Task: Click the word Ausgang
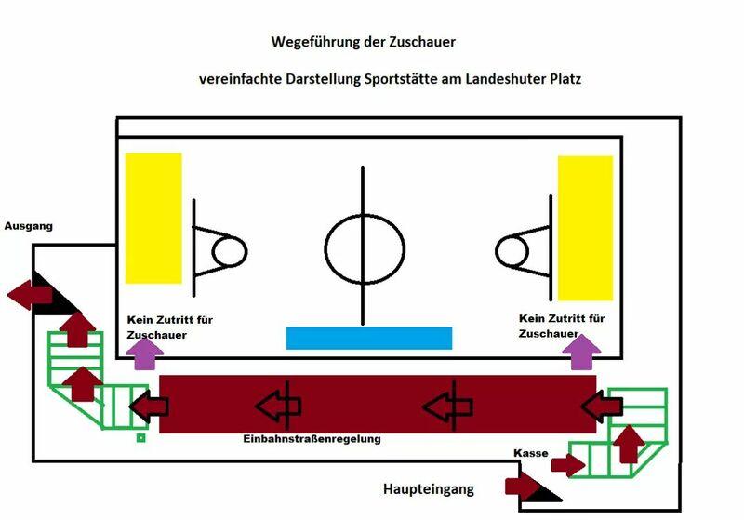pyautogui.click(x=29, y=225)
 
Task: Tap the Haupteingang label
pyautogui.click(x=429, y=488)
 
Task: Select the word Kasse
pyautogui.click(x=530, y=453)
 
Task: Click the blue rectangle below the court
pyautogui.click(x=368, y=338)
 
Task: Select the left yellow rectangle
pyautogui.click(x=153, y=218)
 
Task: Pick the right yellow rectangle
pyautogui.click(x=585, y=228)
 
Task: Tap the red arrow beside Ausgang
pyautogui.click(x=29, y=296)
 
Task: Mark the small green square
pyautogui.click(x=140, y=436)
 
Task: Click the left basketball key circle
pyautogui.click(x=230, y=251)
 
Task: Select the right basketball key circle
pyautogui.click(x=511, y=250)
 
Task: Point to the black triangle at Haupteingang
pyautogui.click(x=546, y=491)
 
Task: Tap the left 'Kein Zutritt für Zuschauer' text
pyautogui.click(x=170, y=327)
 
